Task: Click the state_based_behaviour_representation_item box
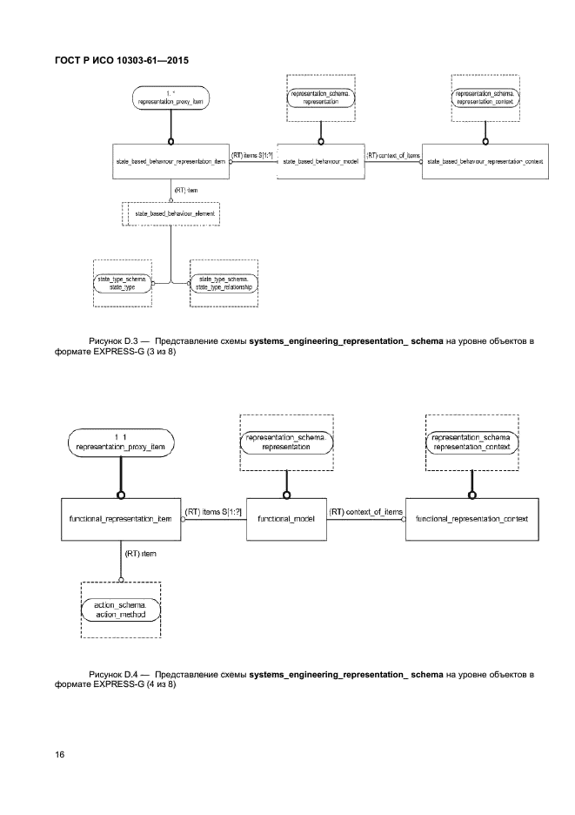pos(170,161)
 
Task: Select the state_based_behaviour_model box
pos(321,161)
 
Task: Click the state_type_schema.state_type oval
pos(123,282)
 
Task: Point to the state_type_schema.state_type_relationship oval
pos(224,282)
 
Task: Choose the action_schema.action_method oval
pos(121,609)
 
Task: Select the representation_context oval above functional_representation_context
pos(471,441)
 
